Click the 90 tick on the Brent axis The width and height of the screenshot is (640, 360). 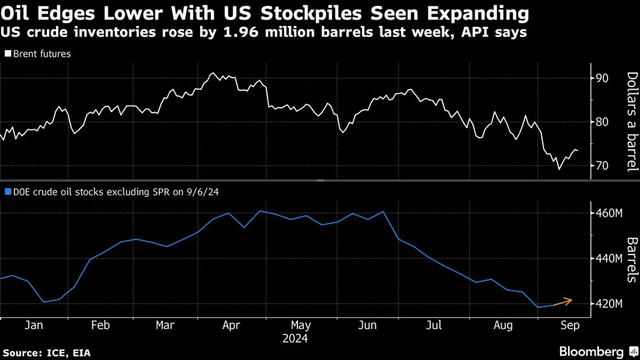point(602,78)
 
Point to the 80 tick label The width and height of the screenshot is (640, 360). point(602,122)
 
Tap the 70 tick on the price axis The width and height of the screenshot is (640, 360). point(602,166)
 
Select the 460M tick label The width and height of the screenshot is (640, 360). point(609,214)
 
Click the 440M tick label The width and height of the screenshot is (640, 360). point(609,259)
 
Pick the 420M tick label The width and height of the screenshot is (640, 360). point(609,304)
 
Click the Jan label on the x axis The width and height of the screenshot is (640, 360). point(34,325)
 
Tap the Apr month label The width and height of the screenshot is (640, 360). point(230,325)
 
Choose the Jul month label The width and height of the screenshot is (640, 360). point(435,325)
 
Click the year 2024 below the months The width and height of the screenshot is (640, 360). point(296,338)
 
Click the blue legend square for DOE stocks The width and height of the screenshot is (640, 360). point(7,191)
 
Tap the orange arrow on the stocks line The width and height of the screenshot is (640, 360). point(563,301)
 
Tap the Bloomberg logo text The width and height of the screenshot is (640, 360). point(591,351)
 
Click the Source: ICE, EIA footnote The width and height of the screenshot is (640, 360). point(47,353)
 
